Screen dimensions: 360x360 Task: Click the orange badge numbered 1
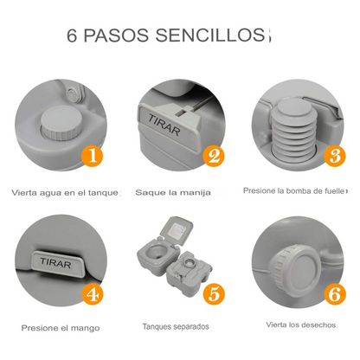pyautogui.click(x=93, y=157)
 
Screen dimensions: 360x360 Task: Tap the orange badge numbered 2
pyautogui.click(x=213, y=157)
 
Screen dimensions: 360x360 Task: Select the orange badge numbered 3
pyautogui.click(x=332, y=157)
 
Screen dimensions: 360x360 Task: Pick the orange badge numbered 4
pyautogui.click(x=93, y=292)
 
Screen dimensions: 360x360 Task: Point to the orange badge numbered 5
pyautogui.click(x=213, y=292)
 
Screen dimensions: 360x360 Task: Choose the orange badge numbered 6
pyautogui.click(x=332, y=292)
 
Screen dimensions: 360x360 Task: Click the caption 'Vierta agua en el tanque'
pyautogui.click(x=66, y=192)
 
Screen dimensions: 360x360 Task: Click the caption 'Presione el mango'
pyautogui.click(x=61, y=328)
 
